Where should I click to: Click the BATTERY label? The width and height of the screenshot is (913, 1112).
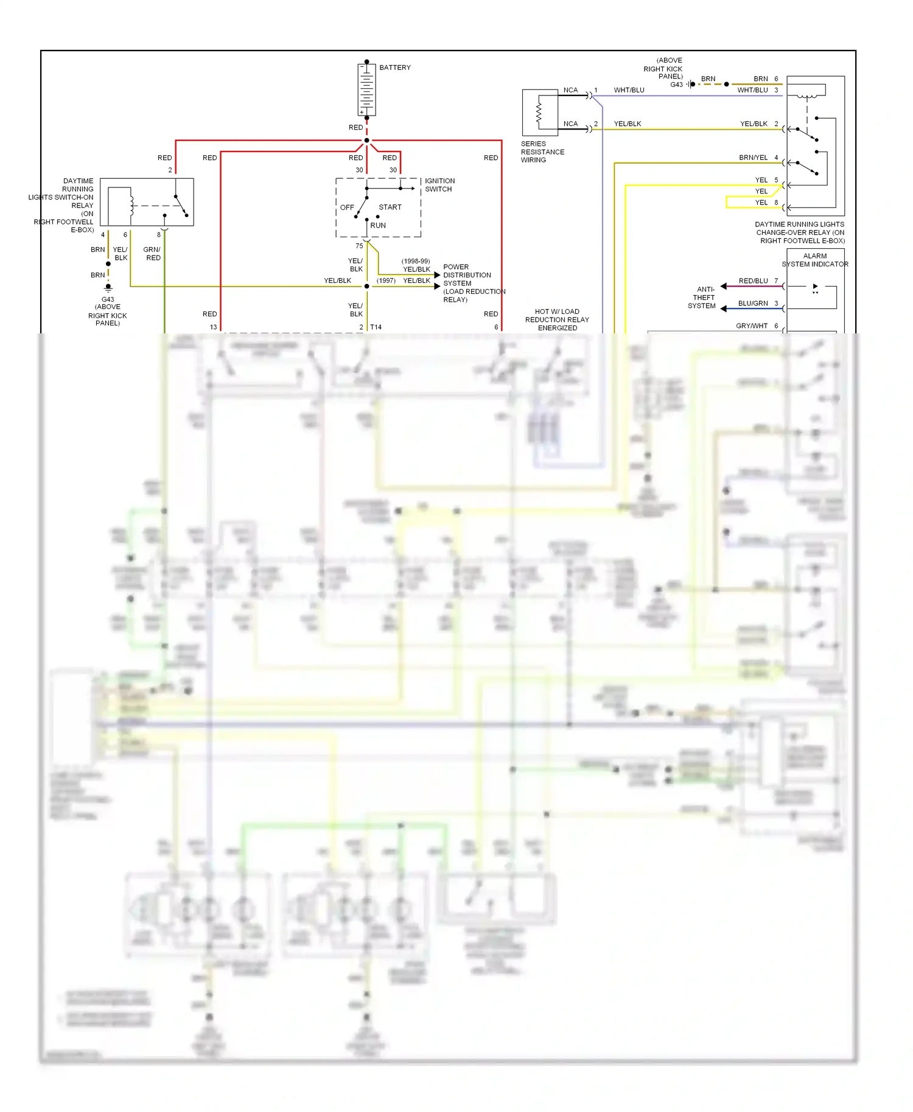click(x=394, y=68)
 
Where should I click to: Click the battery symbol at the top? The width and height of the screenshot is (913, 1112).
click(x=366, y=89)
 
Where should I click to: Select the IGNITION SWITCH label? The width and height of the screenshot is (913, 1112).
click(x=439, y=185)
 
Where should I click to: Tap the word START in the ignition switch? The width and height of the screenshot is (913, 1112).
click(x=390, y=207)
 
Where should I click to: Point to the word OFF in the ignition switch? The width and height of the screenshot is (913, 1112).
click(x=347, y=207)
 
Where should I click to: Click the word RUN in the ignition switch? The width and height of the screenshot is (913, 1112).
click(x=378, y=226)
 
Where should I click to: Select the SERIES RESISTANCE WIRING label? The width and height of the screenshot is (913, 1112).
click(x=542, y=152)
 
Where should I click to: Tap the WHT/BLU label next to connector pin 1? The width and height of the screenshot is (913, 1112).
click(x=629, y=90)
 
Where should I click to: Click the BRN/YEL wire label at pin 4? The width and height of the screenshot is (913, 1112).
click(x=753, y=158)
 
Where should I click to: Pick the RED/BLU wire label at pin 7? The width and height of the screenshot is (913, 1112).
click(x=753, y=281)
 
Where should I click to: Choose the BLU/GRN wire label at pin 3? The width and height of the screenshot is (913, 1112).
click(x=753, y=304)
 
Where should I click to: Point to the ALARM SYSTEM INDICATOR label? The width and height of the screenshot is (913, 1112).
click(x=814, y=260)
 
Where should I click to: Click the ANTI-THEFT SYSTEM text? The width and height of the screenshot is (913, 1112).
click(x=703, y=298)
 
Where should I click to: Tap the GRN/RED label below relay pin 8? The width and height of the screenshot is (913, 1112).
click(x=152, y=254)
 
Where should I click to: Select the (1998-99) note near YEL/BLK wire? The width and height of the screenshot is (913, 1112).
click(x=415, y=261)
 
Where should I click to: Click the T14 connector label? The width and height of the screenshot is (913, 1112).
click(x=376, y=327)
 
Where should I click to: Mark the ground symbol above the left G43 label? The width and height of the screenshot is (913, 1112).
click(x=108, y=287)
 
